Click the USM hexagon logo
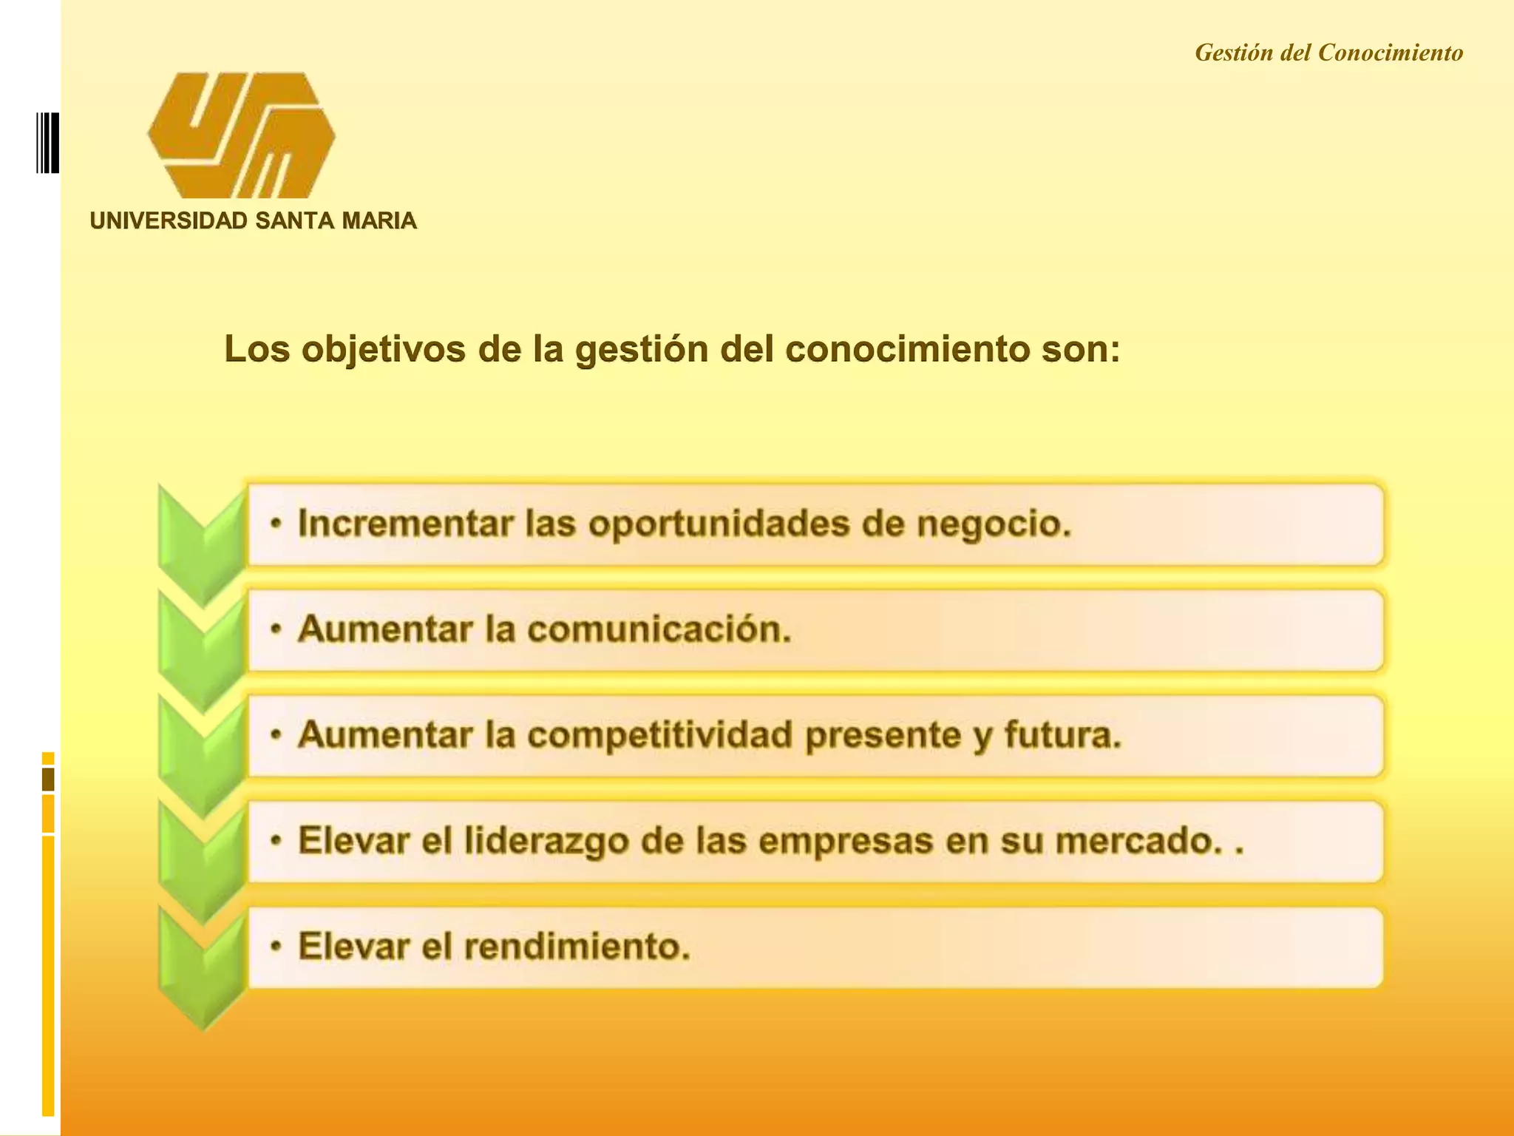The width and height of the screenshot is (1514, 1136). point(241,135)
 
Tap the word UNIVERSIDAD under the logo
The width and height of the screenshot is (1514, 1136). point(169,221)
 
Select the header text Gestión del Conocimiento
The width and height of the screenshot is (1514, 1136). point(1328,53)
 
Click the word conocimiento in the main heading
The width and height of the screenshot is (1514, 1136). point(906,350)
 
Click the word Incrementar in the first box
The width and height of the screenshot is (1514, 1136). point(405,524)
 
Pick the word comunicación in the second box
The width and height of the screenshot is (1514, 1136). point(658,630)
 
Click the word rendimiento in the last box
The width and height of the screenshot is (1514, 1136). point(577,947)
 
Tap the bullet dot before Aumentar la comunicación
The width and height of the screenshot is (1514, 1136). point(276,630)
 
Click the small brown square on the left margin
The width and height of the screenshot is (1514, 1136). point(48,779)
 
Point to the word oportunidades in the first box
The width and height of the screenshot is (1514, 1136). point(719,524)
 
